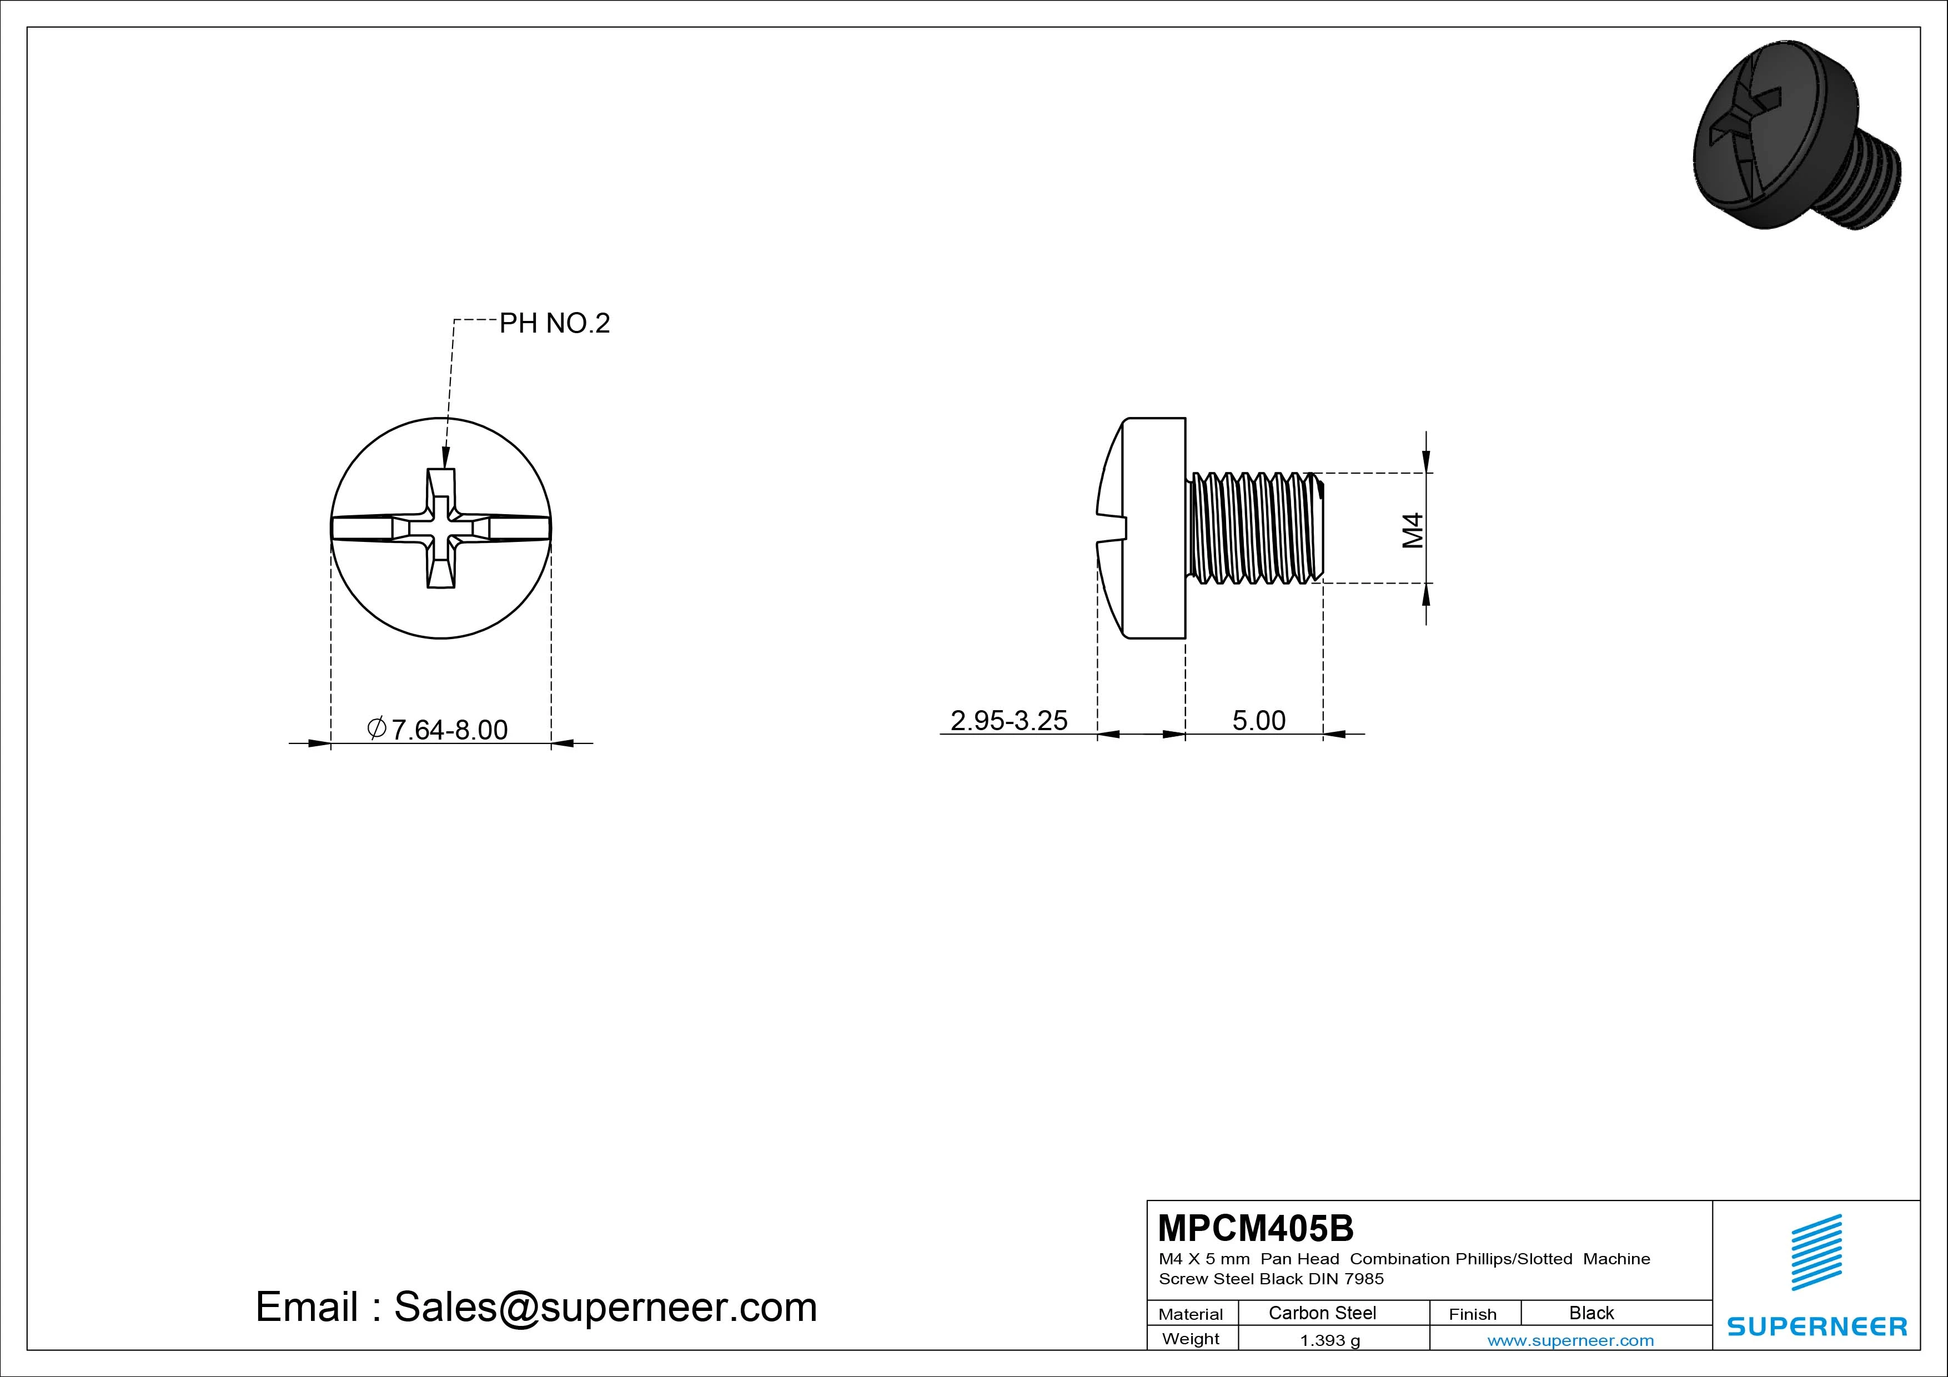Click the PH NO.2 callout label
(x=554, y=323)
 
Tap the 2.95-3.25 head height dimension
(x=1009, y=720)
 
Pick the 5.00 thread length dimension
(x=1258, y=720)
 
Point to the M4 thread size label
(x=1413, y=530)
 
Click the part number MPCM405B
(x=1256, y=1228)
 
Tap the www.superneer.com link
(x=1570, y=1340)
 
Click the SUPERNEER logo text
(x=1818, y=1326)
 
